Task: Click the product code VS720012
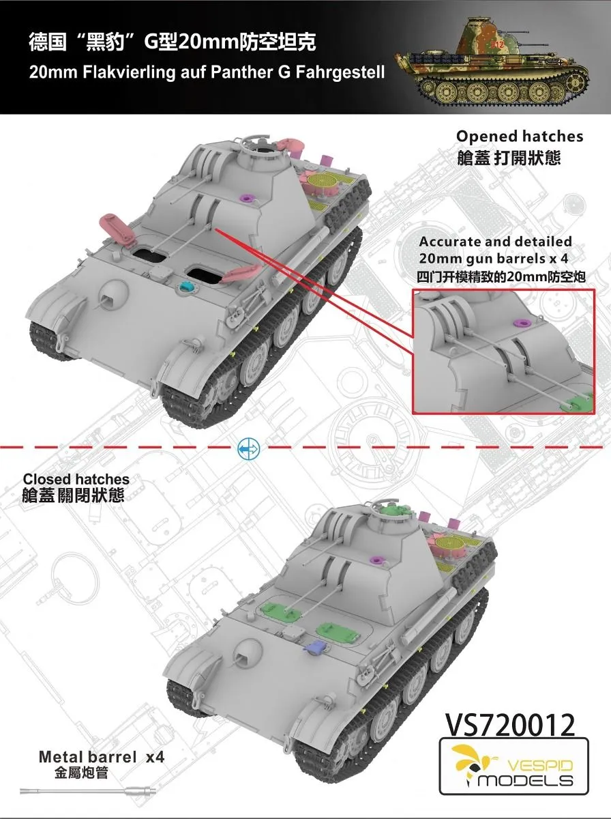point(510,725)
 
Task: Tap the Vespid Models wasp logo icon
point(469,760)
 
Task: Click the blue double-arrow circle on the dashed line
point(248,448)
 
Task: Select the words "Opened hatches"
point(520,136)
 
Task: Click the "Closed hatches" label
point(76,479)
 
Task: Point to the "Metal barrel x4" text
point(102,757)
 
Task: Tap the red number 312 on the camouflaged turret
point(497,45)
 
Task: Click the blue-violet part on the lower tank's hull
point(316,646)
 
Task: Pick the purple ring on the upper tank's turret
point(247,197)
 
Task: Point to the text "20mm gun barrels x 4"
point(494,258)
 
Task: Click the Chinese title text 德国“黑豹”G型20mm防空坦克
point(173,42)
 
